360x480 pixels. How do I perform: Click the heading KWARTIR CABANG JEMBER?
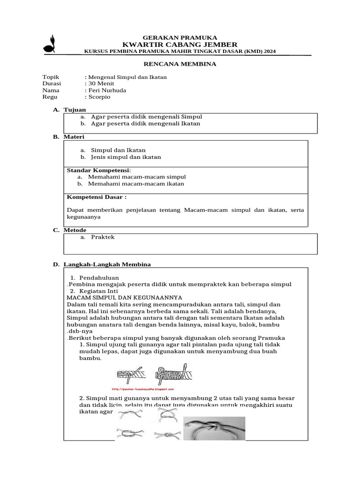coord(180,44)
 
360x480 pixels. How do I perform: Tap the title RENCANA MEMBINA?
coord(180,64)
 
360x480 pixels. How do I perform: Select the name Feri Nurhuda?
coord(106,90)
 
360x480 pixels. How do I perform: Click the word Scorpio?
coord(98,97)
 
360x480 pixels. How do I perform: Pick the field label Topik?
coord(51,77)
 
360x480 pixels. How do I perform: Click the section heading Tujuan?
coord(75,109)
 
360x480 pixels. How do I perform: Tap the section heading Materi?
coord(75,136)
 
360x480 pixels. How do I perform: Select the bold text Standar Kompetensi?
coord(98,170)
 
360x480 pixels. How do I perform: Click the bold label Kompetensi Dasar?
coord(97,197)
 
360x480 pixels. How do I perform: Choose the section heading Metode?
coord(75,230)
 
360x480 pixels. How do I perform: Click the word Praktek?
coord(103,237)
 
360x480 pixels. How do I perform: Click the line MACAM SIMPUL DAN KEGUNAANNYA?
coord(124,297)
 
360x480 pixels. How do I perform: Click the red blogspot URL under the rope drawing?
coord(143,389)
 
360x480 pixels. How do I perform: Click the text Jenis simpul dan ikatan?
coord(126,157)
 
